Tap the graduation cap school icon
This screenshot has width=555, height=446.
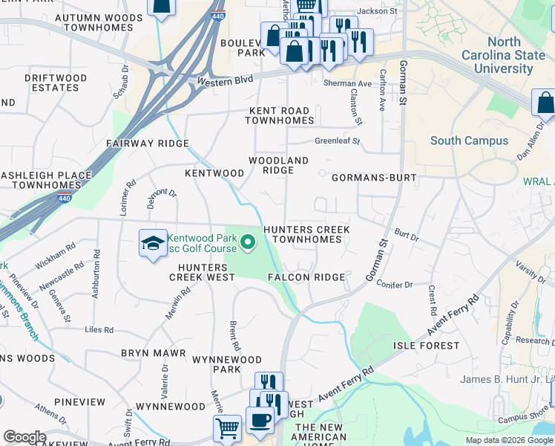click(152, 243)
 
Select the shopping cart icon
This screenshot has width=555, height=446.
click(226, 427)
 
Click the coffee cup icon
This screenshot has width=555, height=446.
click(259, 419)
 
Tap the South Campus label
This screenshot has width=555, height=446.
click(469, 140)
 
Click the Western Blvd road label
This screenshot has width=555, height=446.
click(225, 80)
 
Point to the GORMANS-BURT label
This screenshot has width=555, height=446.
click(374, 178)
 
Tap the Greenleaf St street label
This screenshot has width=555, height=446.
click(337, 140)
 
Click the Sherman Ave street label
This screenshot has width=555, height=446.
click(347, 84)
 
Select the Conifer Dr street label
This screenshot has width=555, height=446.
click(394, 285)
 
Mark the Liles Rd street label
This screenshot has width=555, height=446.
click(99, 329)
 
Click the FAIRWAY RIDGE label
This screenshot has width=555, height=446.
click(147, 143)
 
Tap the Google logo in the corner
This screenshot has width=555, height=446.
click(24, 437)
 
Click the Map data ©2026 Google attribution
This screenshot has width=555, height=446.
click(509, 440)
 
